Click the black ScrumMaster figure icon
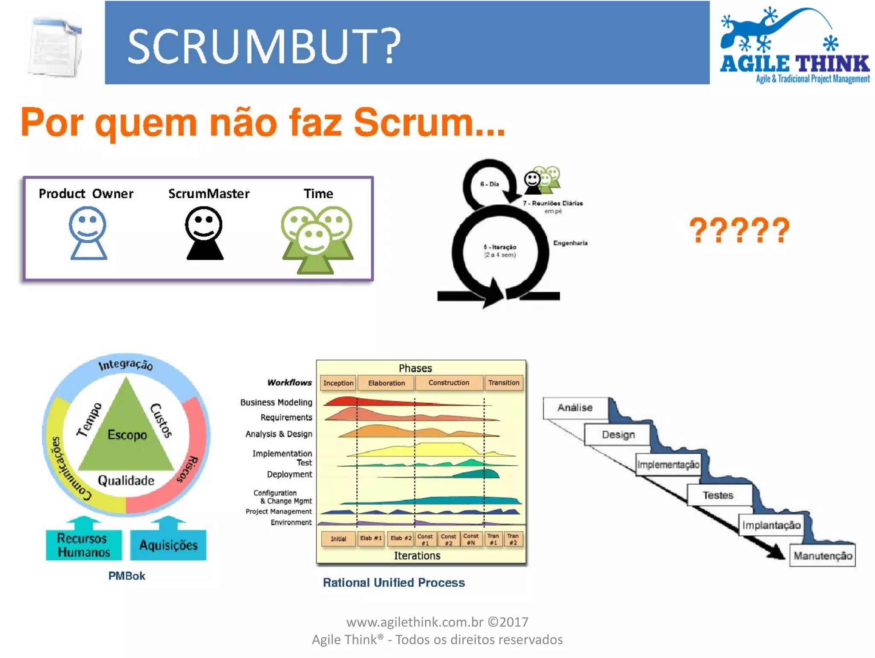tap(204, 233)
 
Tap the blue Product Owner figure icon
tap(88, 233)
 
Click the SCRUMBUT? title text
tap(264, 46)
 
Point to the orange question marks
tap(740, 230)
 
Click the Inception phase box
tap(338, 383)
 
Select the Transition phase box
tap(504, 383)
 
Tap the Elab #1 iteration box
tap(370, 538)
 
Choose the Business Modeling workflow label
tap(276, 402)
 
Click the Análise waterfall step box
tap(575, 408)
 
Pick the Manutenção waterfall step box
tap(822, 555)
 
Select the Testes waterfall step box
tap(719, 495)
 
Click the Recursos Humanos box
tap(84, 545)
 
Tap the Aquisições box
tap(168, 545)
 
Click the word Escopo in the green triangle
tap(127, 435)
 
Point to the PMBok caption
tap(126, 576)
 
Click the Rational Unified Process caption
tap(393, 583)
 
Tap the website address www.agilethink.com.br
tap(415, 622)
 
